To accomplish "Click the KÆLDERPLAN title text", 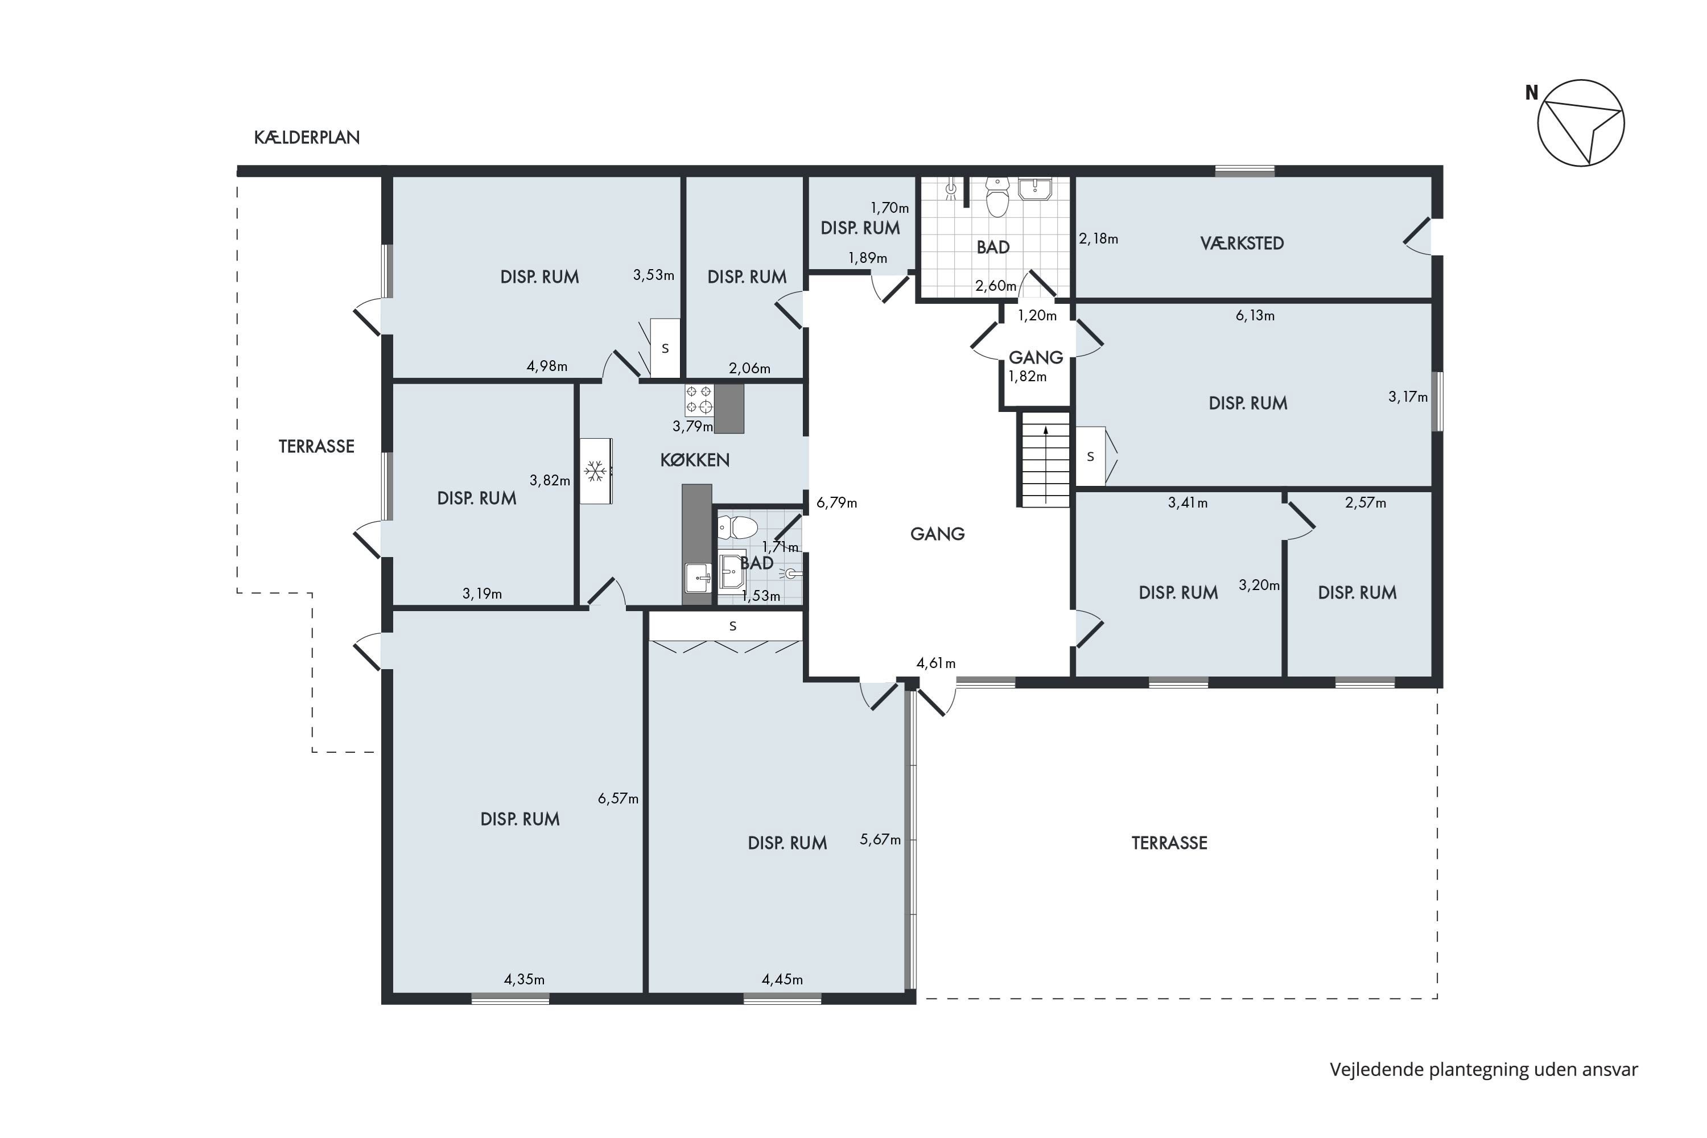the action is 307,138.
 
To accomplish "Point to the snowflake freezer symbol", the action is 596,471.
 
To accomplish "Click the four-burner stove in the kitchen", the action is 698,400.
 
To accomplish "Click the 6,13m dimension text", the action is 1255,316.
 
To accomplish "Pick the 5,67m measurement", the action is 880,840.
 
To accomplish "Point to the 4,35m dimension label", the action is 524,980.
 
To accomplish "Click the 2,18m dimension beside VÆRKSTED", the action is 1098,239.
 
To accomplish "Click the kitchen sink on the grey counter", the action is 698,578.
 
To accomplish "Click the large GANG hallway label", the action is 937,534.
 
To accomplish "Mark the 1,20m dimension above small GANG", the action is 1037,316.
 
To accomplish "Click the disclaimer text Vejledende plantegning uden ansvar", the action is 1483,1070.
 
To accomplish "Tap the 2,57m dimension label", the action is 1365,503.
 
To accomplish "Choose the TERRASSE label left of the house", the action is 316,446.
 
